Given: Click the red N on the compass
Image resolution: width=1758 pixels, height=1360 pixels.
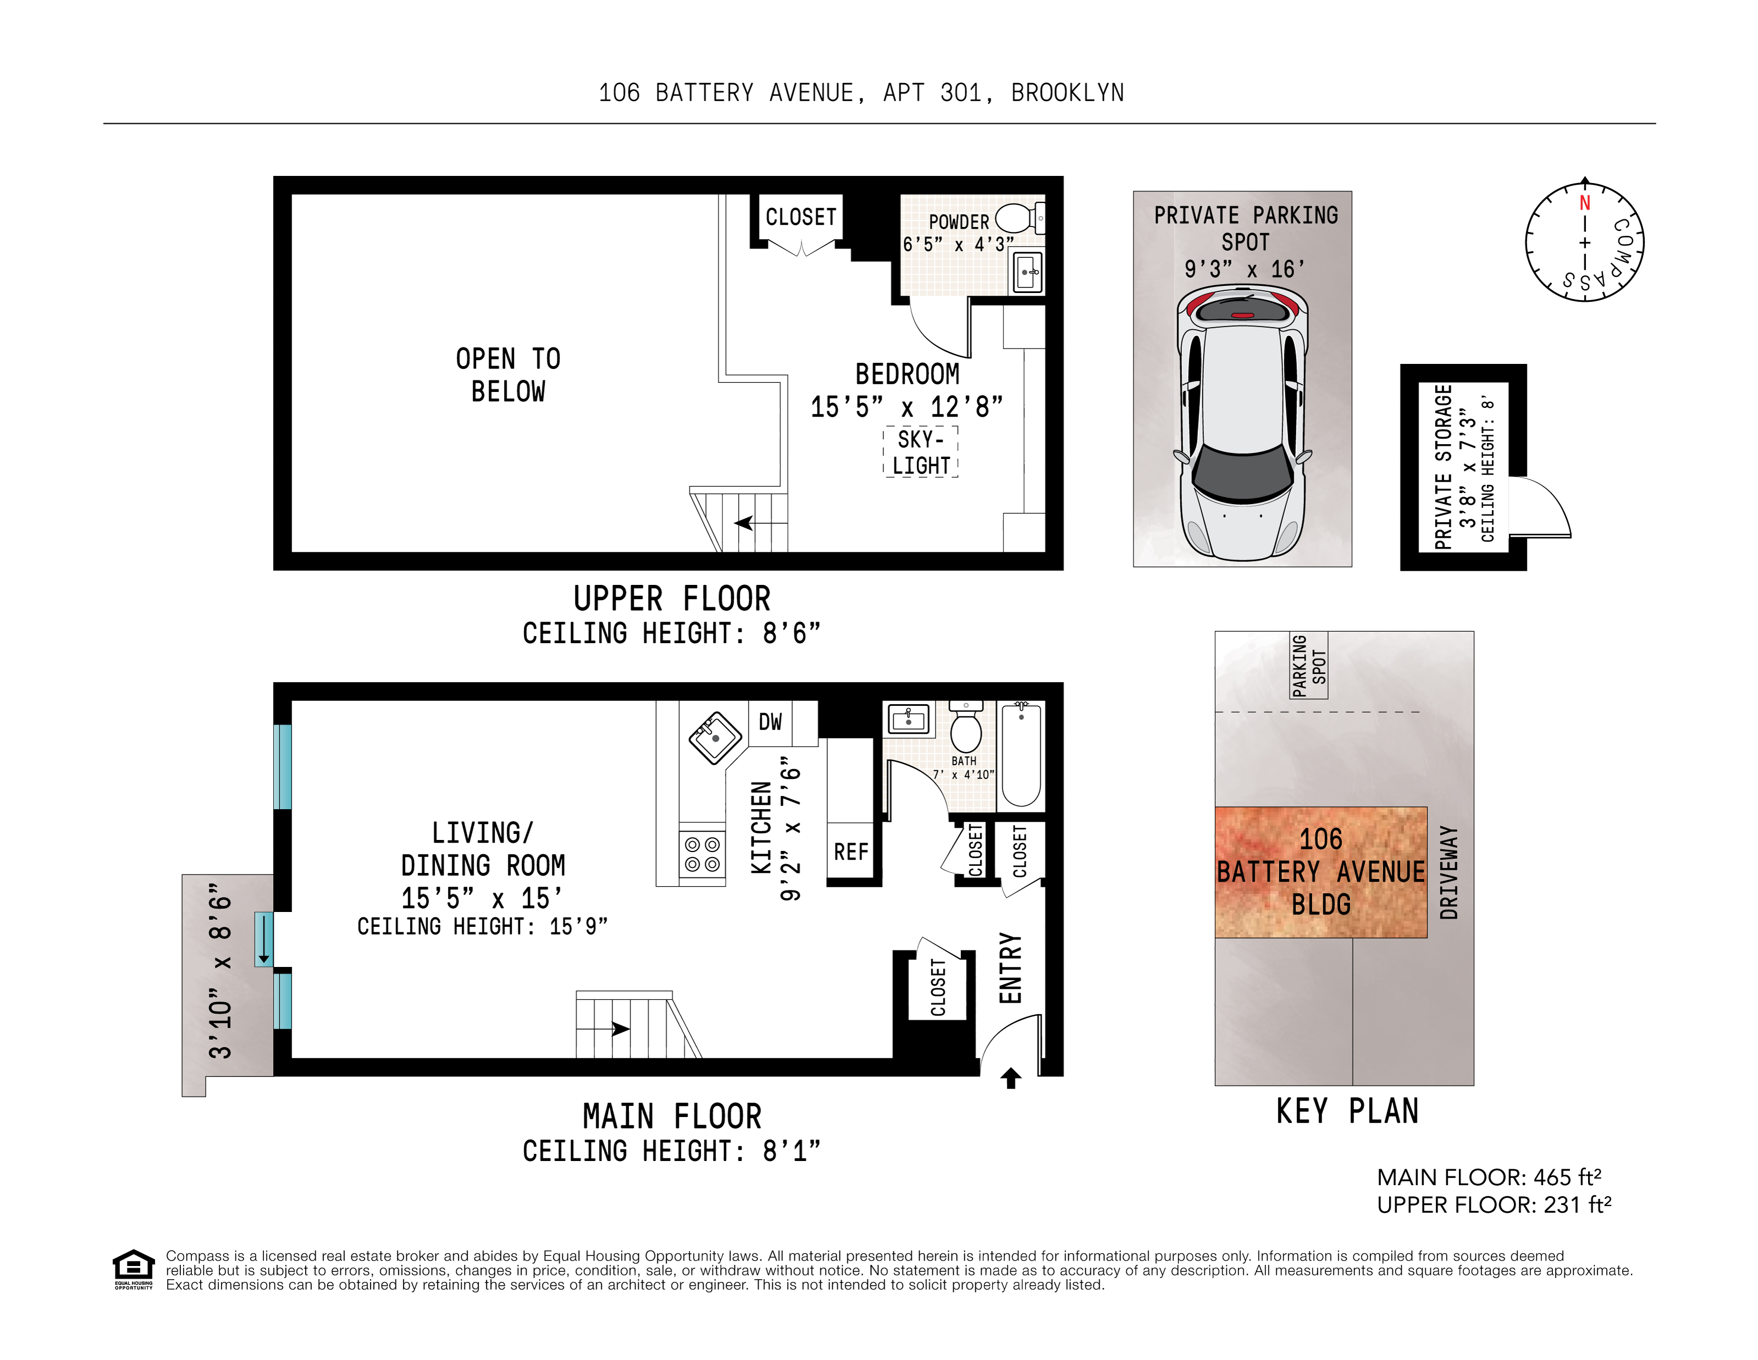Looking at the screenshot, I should [1584, 203].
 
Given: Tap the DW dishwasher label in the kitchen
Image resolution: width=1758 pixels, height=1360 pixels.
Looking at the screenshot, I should [770, 722].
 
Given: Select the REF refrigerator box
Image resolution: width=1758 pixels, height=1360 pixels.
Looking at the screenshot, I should [851, 852].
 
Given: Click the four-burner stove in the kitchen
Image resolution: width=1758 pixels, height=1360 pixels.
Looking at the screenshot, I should [702, 855].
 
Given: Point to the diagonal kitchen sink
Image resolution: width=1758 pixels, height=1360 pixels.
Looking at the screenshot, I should [715, 737].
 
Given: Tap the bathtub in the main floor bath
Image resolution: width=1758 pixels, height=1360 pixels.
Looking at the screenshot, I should [1021, 754].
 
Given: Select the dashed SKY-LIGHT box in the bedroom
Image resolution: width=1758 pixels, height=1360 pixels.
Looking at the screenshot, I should [921, 452].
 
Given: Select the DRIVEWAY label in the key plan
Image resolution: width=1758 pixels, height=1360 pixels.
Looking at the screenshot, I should [1449, 872].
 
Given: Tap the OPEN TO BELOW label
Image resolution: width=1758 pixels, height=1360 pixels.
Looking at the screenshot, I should [508, 375].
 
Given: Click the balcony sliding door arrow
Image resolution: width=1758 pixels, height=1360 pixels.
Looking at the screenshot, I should [263, 938].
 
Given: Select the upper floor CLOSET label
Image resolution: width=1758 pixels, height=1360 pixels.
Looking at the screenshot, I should [800, 217].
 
